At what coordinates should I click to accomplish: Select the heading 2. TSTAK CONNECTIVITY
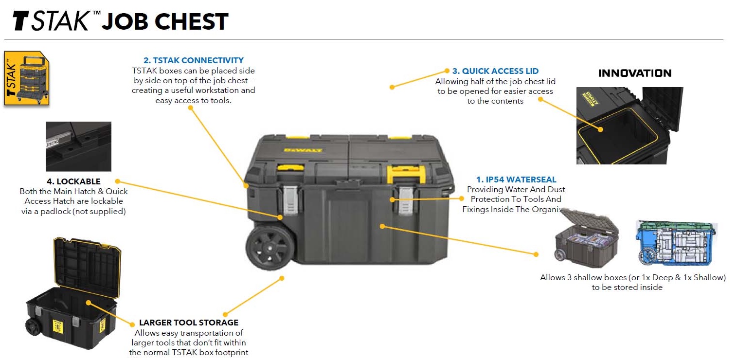[194, 60]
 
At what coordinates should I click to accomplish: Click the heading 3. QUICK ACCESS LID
[495, 71]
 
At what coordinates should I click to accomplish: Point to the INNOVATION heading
[634, 73]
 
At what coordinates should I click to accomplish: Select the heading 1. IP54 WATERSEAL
[516, 180]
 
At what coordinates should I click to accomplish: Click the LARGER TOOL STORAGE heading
[189, 323]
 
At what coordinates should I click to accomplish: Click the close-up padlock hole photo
[78, 146]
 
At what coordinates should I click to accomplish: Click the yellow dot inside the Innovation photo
[601, 130]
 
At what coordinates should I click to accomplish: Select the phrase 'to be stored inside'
[627, 287]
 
